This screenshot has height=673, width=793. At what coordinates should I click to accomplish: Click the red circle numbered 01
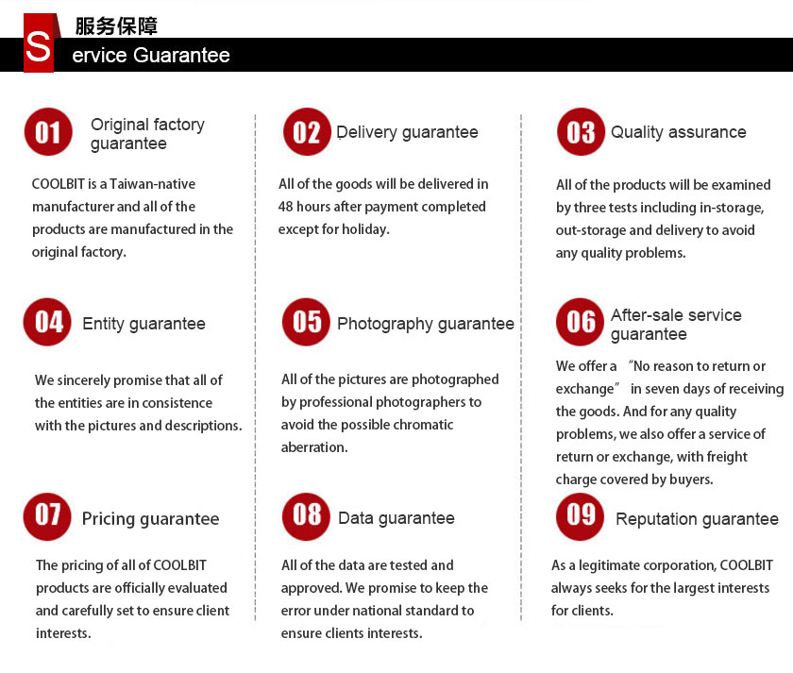48,132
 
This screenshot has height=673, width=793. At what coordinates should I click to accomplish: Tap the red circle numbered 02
307,132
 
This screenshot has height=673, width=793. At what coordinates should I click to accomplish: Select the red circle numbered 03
581,132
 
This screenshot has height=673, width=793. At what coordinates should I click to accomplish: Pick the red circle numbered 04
48,322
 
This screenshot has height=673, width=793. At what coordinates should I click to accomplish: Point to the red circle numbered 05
307,322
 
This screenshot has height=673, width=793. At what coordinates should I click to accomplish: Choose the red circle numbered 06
581,322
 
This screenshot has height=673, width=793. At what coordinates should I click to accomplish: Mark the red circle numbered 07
48,515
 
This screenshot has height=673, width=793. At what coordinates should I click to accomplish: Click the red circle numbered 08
307,515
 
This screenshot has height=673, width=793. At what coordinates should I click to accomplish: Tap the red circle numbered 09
581,515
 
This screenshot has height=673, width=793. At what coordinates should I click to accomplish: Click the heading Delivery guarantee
407,133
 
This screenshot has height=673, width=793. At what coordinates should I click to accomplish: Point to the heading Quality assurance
678,133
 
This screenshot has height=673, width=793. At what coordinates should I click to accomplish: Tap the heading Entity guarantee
143,324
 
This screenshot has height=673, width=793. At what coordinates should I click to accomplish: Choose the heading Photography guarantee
425,324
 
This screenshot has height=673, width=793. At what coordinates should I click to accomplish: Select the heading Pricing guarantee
150,519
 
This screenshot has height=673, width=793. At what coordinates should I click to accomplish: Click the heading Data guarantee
396,518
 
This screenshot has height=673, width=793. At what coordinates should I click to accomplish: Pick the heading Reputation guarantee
697,519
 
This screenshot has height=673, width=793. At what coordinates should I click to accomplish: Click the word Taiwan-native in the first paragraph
153,184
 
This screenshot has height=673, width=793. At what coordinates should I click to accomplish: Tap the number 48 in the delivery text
287,207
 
